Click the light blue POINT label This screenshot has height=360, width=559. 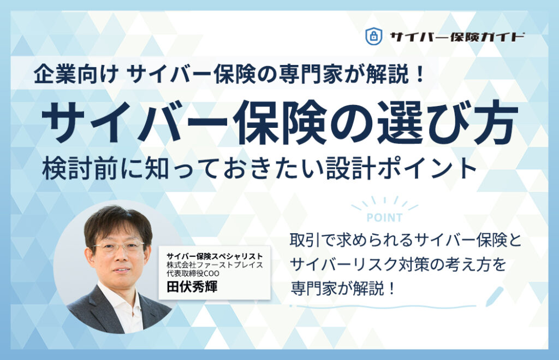[x=384, y=217]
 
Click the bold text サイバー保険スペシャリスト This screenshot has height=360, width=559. [x=215, y=255]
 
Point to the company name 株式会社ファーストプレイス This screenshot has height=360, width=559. [x=215, y=265]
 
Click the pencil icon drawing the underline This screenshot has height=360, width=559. [x=495, y=296]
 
